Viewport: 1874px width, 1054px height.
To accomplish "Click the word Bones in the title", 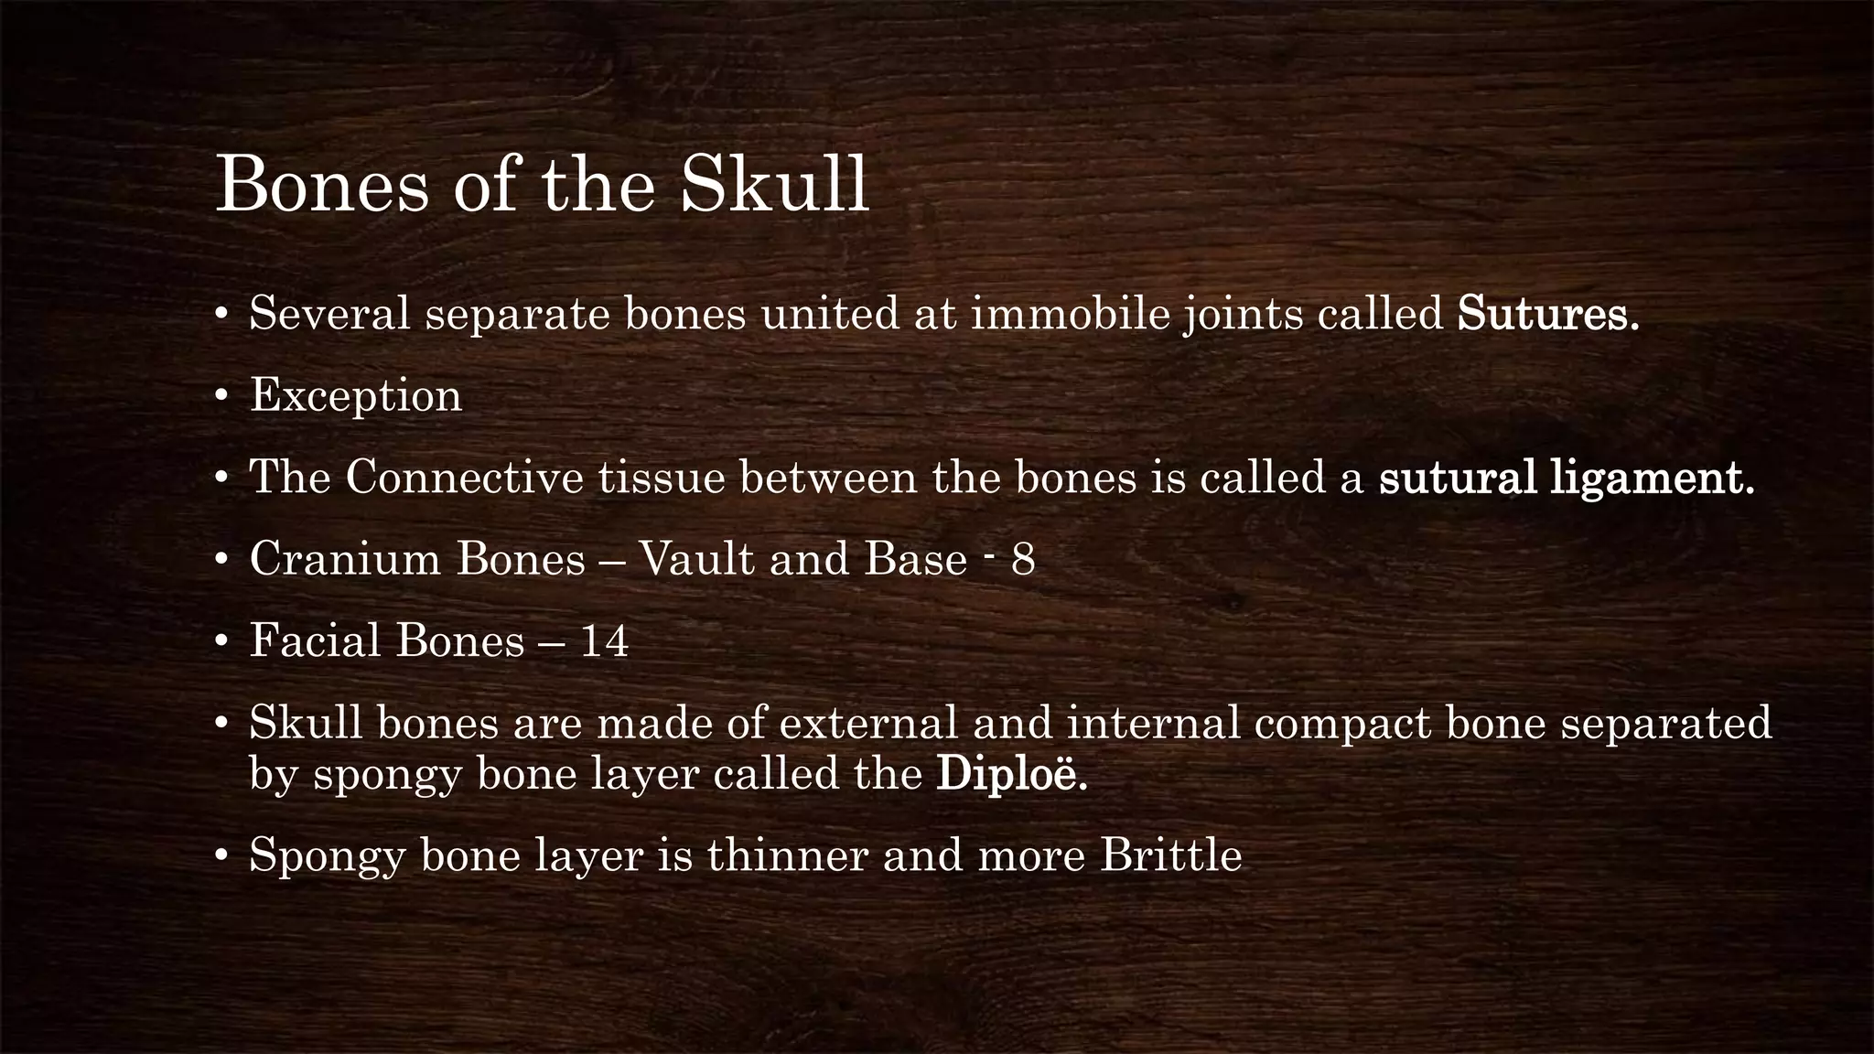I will point(322,186).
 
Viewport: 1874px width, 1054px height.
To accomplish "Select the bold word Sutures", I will point(1547,315).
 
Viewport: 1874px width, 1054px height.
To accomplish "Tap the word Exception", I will point(356,396).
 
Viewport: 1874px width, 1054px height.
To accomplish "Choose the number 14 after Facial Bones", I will point(605,641).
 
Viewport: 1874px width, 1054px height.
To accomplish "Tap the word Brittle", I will point(1171,856).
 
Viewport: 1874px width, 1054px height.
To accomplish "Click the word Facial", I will point(315,641).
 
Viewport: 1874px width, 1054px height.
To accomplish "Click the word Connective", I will point(464,479).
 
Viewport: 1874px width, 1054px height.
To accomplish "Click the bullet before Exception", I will point(221,396).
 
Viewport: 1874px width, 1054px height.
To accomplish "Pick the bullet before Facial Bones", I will point(221,641).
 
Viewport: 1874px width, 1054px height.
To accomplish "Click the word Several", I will point(329,315).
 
